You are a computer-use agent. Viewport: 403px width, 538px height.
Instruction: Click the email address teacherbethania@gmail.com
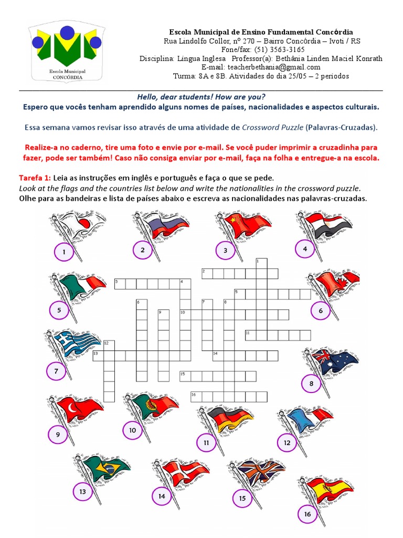261,67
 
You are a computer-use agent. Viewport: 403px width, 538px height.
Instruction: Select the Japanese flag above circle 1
79,225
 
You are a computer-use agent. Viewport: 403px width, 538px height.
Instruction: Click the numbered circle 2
142,250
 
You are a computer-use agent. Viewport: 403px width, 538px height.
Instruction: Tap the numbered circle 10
132,430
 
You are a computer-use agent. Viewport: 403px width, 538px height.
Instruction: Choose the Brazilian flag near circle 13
107,465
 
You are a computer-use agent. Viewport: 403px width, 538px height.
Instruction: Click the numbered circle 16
307,514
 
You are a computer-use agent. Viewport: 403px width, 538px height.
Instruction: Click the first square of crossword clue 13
98,356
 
